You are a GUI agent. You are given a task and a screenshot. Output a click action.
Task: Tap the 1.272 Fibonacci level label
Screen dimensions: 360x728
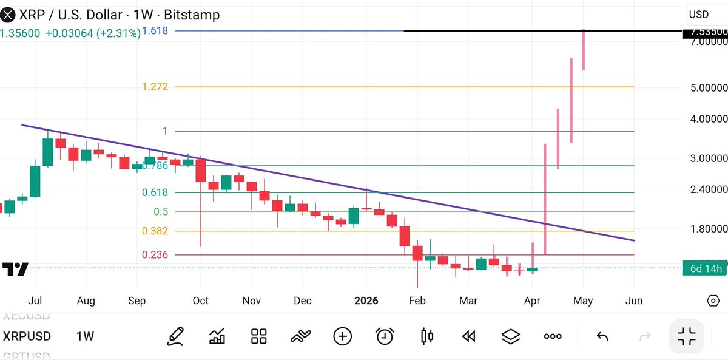click(155, 87)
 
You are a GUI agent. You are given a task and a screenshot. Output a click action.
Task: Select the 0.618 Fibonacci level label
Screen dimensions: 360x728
click(155, 192)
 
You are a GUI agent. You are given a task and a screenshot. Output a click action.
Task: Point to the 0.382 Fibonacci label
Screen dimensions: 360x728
click(155, 231)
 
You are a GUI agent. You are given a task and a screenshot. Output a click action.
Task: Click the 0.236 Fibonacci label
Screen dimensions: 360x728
click(155, 255)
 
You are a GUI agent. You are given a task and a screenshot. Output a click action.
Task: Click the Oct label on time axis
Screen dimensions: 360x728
click(200, 301)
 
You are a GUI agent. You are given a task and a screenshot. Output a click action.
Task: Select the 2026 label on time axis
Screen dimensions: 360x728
click(366, 301)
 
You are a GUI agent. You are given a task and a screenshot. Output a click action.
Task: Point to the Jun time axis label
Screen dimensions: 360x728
click(634, 301)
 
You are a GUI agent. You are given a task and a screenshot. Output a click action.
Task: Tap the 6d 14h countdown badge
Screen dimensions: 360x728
click(704, 268)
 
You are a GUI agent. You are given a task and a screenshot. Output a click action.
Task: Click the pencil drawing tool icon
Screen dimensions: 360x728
click(175, 336)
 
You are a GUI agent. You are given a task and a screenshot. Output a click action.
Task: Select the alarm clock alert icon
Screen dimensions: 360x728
click(385, 336)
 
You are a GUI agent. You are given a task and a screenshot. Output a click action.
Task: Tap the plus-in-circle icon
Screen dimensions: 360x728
click(343, 336)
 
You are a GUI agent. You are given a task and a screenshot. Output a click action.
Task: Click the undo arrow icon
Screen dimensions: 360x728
click(602, 336)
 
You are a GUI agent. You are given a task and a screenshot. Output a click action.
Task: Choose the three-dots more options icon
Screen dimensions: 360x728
click(552, 336)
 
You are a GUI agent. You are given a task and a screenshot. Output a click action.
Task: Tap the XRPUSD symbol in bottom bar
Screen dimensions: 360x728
click(27, 336)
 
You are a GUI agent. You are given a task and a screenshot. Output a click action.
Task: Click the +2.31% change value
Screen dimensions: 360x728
click(118, 33)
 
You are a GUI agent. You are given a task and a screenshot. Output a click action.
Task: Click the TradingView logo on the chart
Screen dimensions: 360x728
click(15, 269)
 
